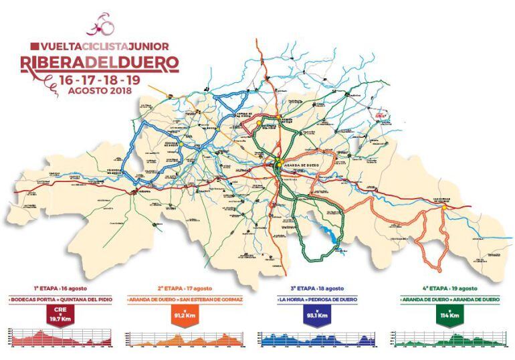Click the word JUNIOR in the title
pyautogui.click(x=146, y=47)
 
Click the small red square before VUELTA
pyautogui.click(x=34, y=47)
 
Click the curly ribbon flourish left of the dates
pyautogui.click(x=49, y=81)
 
